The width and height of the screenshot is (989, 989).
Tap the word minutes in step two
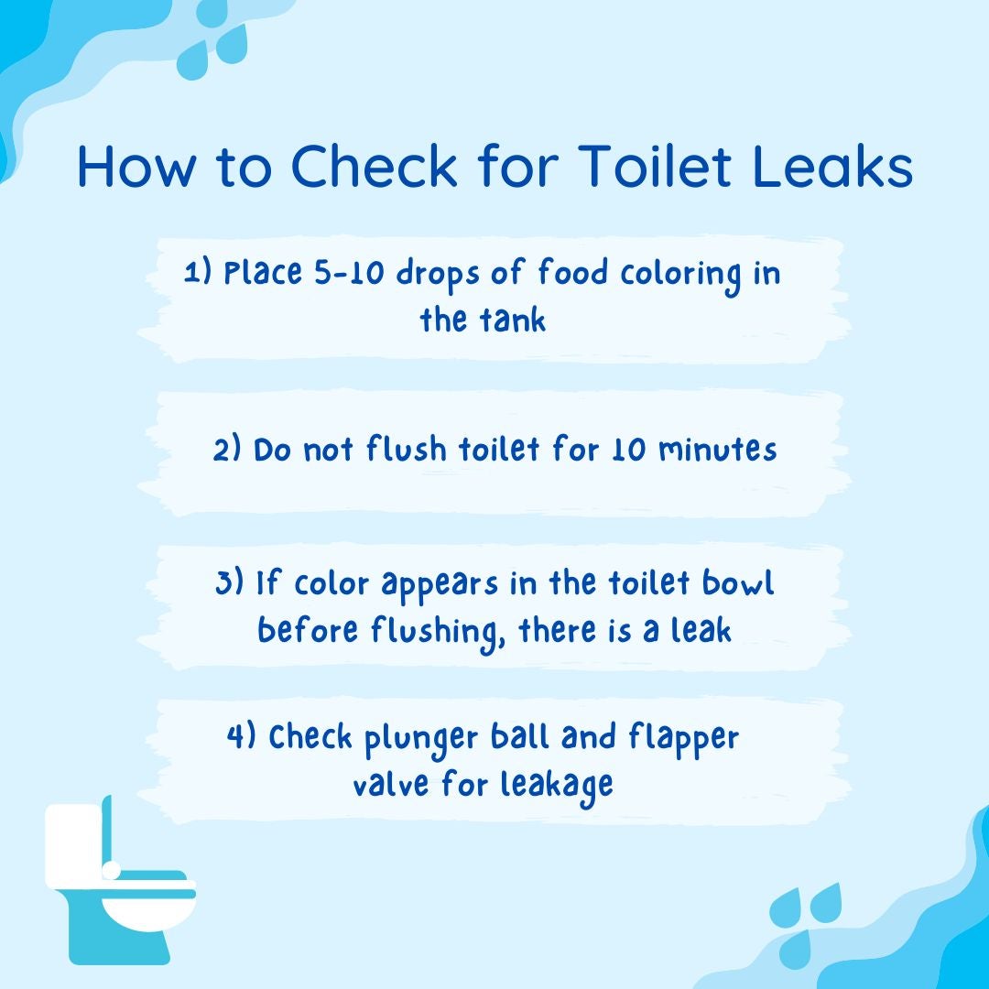tap(718, 450)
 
